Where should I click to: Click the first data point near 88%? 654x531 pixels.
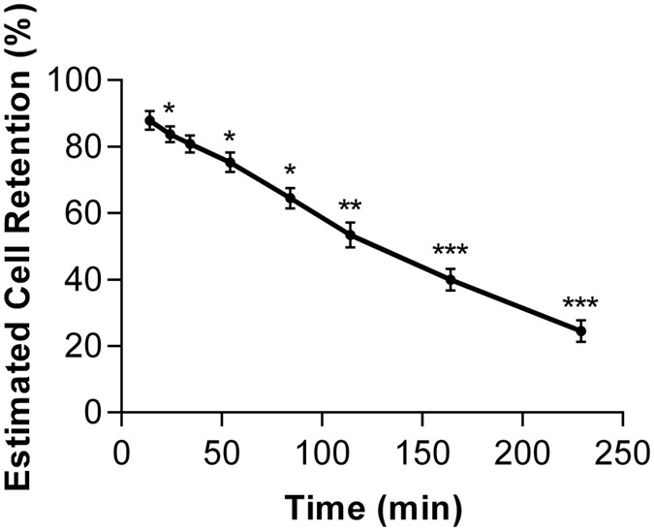coord(149,120)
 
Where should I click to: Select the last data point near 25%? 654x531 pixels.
coord(580,331)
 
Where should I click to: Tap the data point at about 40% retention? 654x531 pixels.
coord(451,280)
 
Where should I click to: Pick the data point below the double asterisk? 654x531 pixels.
coord(351,234)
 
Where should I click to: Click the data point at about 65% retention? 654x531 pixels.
coord(290,198)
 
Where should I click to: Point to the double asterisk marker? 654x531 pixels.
coord(351,206)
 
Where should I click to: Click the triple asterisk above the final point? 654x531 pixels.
coord(580,303)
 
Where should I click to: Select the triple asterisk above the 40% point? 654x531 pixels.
coord(451,251)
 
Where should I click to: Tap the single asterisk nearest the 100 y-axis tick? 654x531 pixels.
coord(170,109)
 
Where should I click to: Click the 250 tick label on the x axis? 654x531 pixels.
coord(623,453)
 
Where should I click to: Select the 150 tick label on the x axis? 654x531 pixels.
coord(422,453)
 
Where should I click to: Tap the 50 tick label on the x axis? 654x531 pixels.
coord(222,453)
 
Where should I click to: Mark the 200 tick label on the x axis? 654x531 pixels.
coord(522,453)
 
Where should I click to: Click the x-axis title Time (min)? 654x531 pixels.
coord(373,506)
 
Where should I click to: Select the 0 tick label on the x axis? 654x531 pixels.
coord(122,453)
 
